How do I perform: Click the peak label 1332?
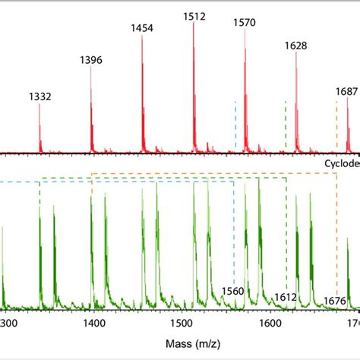[39, 96]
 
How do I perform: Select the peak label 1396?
[91, 60]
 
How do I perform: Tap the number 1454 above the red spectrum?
[142, 28]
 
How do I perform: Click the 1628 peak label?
[296, 46]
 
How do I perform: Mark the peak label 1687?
[346, 92]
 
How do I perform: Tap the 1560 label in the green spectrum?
[232, 291]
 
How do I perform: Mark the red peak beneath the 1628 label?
[296, 99]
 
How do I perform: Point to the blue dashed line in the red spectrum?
[235, 125]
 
